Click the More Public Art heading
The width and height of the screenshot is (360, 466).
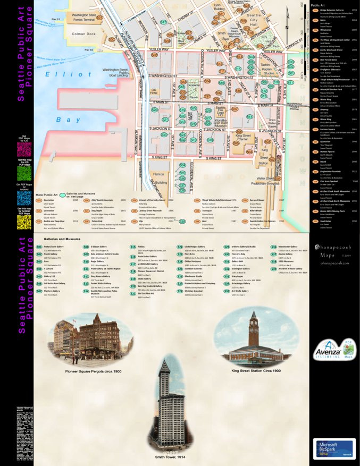coord(46,195)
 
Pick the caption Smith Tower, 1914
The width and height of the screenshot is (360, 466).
coord(169,456)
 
